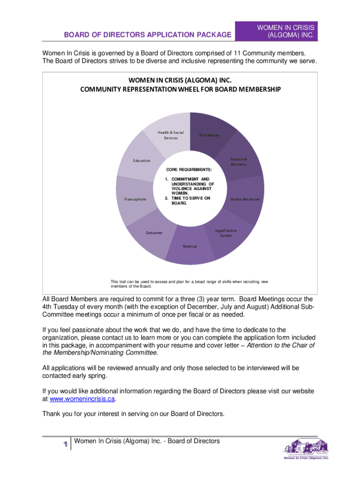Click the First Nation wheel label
209,135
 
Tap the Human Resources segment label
245,199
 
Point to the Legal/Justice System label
226,233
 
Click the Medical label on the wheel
190,247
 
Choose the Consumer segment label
154,233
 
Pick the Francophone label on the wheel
135,199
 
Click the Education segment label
142,161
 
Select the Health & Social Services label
171,135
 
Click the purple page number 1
60,444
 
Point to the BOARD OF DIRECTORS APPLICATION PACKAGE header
148,34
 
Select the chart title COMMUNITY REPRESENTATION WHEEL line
180,89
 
